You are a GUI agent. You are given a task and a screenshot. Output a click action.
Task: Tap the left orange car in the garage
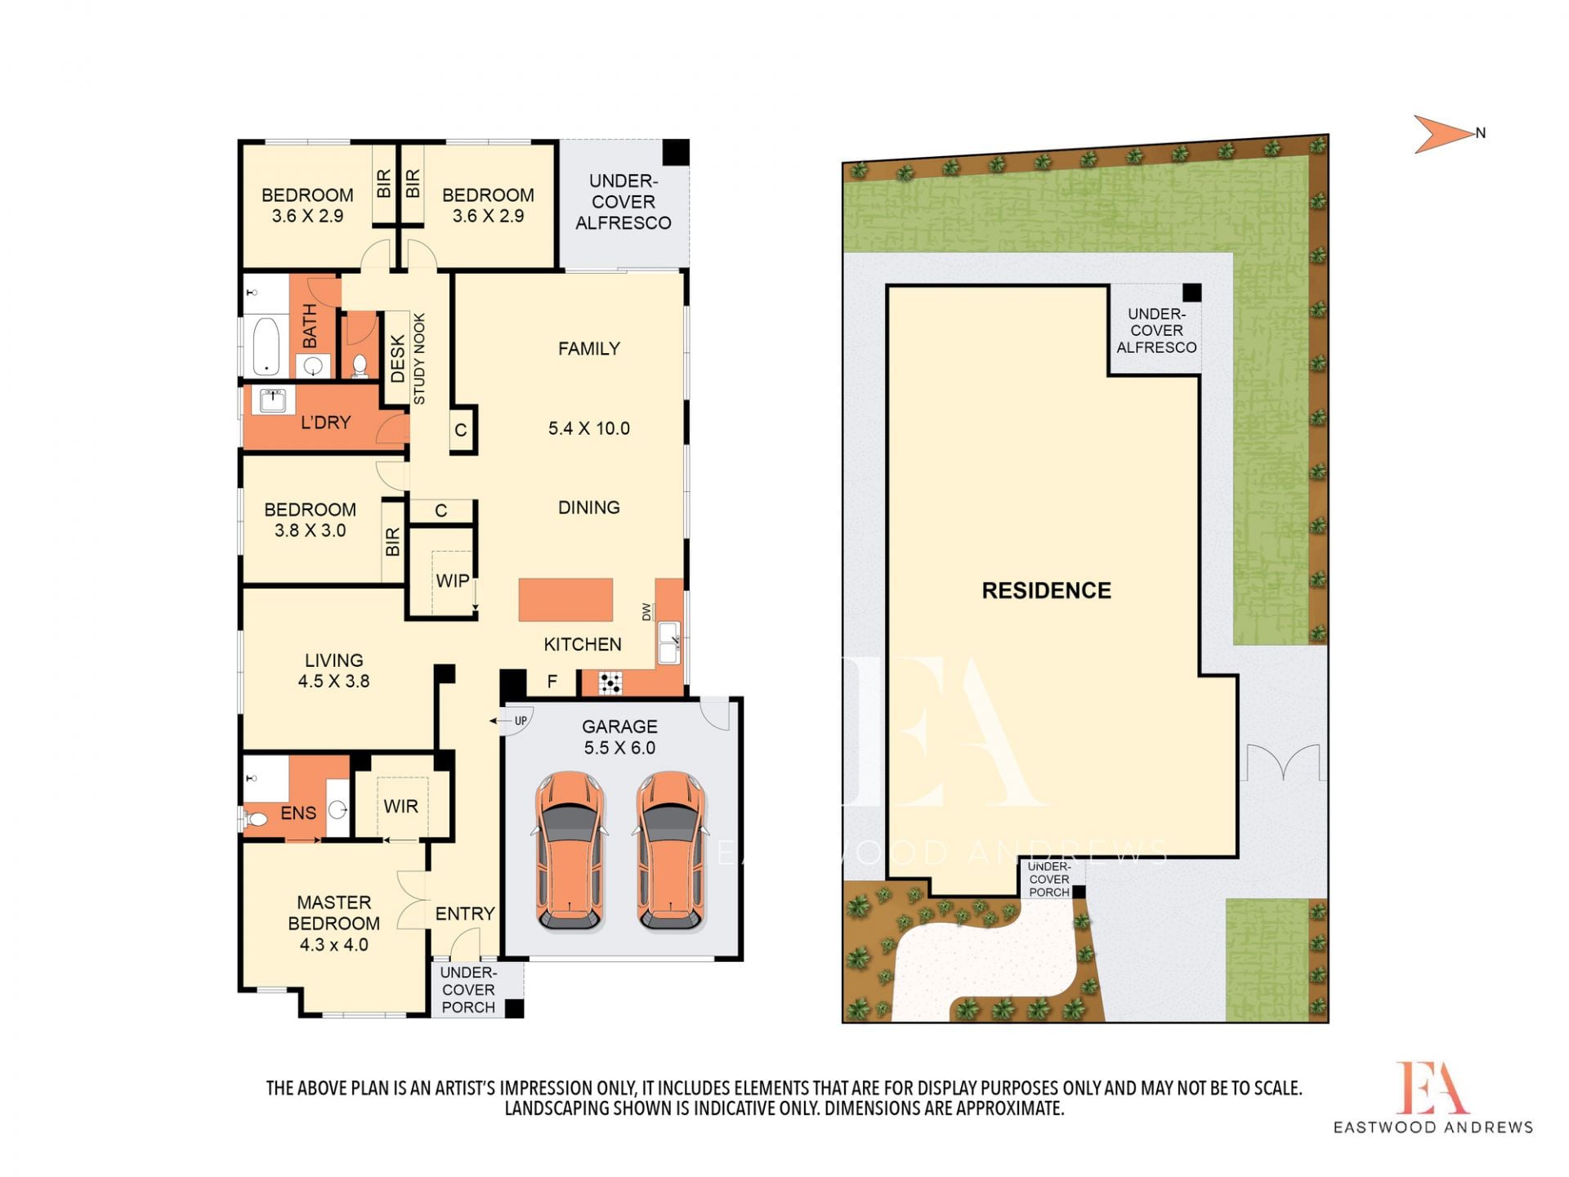570,851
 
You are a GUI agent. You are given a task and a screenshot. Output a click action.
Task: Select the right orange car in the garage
670,851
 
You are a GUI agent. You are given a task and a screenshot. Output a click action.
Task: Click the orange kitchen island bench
565,600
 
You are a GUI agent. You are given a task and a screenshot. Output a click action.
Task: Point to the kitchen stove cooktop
610,682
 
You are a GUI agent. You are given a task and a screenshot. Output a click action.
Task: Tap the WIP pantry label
452,580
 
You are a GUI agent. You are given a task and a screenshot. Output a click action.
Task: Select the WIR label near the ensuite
400,806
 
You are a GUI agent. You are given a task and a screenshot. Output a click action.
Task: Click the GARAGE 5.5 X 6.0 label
619,736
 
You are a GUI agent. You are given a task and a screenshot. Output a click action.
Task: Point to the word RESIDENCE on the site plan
1046,590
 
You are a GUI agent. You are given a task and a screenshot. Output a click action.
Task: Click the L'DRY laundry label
325,422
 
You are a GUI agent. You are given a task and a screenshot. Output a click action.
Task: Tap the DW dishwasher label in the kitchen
646,611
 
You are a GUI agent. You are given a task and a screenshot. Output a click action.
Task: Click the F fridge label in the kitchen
552,681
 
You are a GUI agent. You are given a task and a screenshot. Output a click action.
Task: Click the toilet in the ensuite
257,818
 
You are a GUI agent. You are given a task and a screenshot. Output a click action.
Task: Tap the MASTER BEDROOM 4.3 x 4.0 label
333,923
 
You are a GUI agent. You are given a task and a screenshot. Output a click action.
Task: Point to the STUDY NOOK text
419,358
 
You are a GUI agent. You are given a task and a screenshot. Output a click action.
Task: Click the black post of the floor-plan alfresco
675,153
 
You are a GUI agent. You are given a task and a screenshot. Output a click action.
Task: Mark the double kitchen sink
668,642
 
